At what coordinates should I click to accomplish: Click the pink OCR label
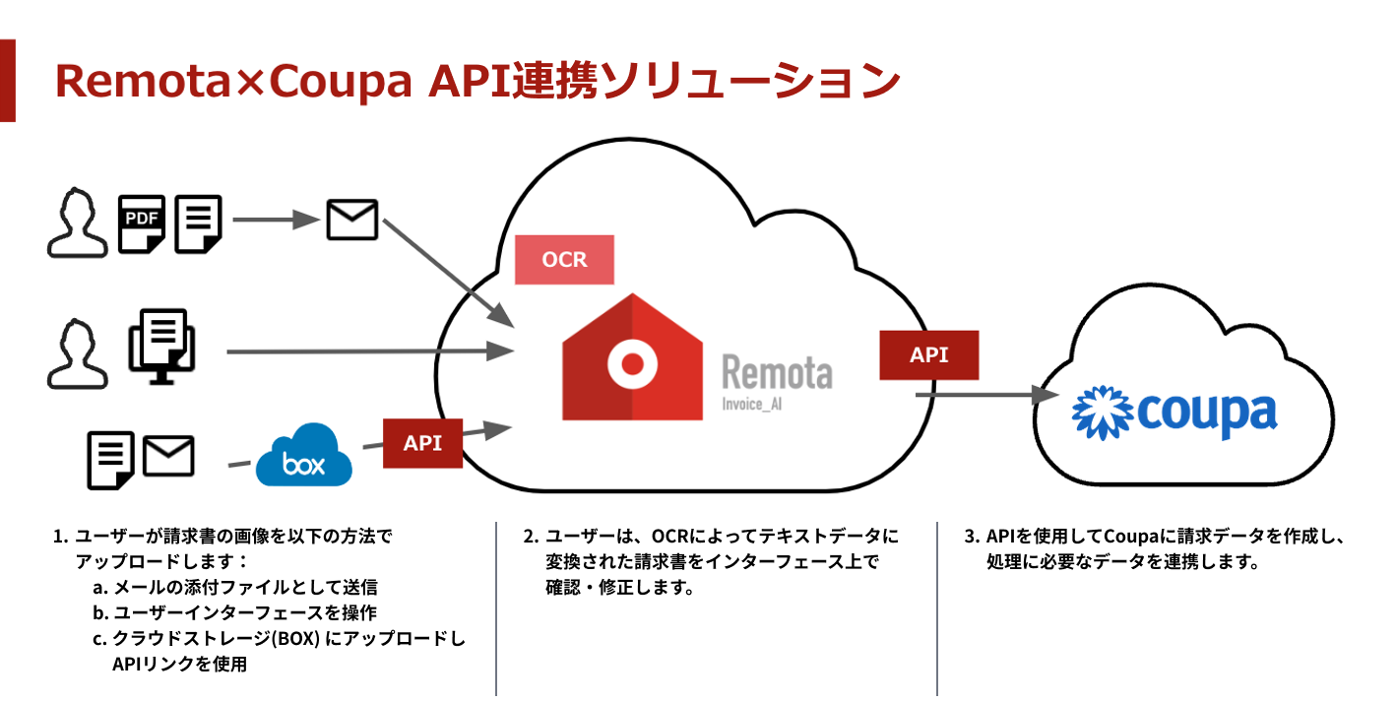pos(564,260)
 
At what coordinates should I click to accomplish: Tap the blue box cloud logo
pos(303,457)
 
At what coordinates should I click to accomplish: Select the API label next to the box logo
pos(422,443)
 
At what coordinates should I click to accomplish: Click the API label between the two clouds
pos(928,354)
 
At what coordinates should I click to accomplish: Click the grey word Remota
pos(777,372)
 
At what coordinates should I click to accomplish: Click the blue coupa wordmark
pos(1207,413)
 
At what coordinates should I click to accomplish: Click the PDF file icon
pos(142,224)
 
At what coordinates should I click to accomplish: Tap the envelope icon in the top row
pos(351,220)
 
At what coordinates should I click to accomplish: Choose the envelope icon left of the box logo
pos(168,457)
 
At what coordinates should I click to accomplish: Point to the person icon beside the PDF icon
pos(78,224)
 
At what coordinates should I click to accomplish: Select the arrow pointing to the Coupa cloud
pos(984,395)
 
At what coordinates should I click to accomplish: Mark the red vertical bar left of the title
pos(8,81)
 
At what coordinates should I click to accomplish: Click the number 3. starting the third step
pos(972,538)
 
